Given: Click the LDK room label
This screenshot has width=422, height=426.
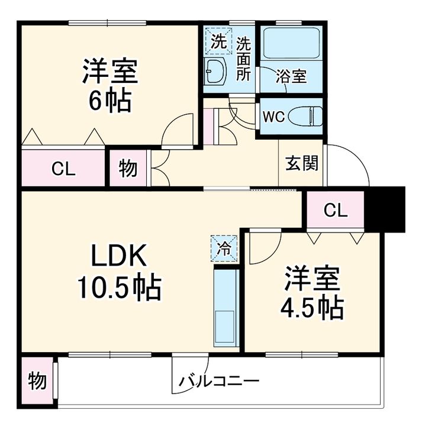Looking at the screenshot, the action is pyautogui.click(x=119, y=256).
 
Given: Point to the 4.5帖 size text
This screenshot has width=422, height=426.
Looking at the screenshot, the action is pyautogui.click(x=313, y=308).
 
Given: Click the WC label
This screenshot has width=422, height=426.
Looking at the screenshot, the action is pyautogui.click(x=274, y=117).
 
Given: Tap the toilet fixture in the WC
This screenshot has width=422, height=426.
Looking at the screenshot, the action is pyautogui.click(x=305, y=116).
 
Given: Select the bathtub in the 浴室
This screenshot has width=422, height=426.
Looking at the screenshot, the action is pyautogui.click(x=291, y=43).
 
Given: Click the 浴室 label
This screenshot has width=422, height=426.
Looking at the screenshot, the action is pyautogui.click(x=291, y=76).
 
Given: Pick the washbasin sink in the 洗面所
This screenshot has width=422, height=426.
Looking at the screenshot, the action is pyautogui.click(x=215, y=71).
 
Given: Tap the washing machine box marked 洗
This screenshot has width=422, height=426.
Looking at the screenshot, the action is pyautogui.click(x=219, y=41).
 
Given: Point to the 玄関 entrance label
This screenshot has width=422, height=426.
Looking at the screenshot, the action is pyautogui.click(x=301, y=163).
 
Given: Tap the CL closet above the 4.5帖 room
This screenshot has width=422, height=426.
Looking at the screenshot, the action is pyautogui.click(x=336, y=209).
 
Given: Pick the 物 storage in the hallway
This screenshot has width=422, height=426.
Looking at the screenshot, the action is pyautogui.click(x=128, y=168).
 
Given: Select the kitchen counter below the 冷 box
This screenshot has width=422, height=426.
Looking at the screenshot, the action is pyautogui.click(x=226, y=308).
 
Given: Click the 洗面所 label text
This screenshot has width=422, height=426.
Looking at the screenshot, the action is pyautogui.click(x=243, y=59).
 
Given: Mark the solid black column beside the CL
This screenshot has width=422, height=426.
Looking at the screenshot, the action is pyautogui.click(x=385, y=209).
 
